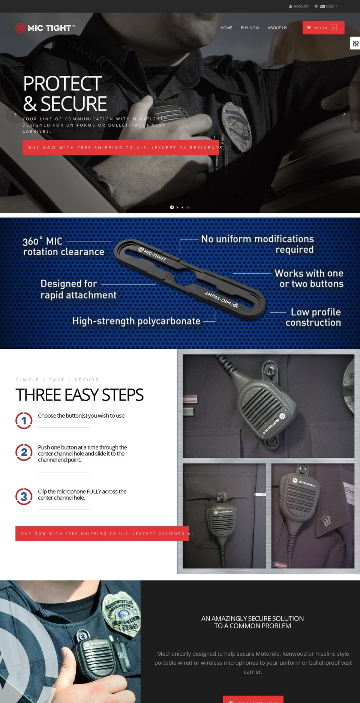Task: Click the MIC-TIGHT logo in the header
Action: (45, 28)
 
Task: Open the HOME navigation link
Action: (226, 28)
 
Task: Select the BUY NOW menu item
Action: (250, 28)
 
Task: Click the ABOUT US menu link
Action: (277, 28)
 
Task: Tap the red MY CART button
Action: (323, 28)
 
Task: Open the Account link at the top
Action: (299, 6)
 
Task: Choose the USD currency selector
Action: (329, 6)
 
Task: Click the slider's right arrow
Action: (344, 114)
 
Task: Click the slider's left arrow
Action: (15, 114)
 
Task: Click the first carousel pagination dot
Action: (172, 207)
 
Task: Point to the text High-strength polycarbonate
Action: (136, 321)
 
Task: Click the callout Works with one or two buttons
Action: (309, 279)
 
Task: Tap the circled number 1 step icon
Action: (24, 420)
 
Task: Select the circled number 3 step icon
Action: (24, 496)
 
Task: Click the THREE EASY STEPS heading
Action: (79, 395)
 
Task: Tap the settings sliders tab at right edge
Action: (355, 43)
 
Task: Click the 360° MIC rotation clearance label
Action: (63, 246)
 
